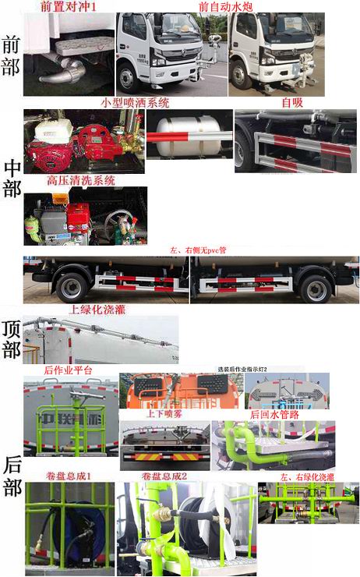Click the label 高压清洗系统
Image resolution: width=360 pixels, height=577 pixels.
[x=80, y=180]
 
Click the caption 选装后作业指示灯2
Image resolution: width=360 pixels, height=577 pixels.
[x=242, y=368]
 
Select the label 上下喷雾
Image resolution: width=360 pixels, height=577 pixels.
[x=163, y=414]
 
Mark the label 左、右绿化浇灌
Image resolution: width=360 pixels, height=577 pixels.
[x=307, y=476]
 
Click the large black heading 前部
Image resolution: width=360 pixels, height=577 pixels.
[x=12, y=55]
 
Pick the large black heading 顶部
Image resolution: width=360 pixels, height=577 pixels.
[x=12, y=339]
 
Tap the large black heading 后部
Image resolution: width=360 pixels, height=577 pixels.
[x=12, y=476]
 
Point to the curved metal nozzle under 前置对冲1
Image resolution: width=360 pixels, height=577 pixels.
[x=58, y=71]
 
